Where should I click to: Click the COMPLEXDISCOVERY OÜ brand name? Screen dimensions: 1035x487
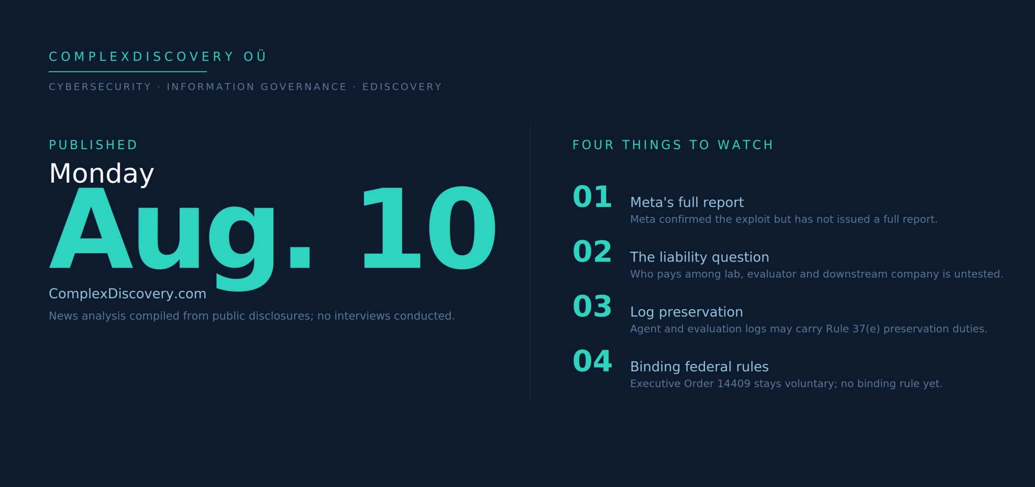157,56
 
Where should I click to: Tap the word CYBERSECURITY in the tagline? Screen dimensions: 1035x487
100,87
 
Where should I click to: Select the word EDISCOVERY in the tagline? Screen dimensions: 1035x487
402,87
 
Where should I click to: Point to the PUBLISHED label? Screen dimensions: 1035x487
93,145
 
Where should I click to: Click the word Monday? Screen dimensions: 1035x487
101,173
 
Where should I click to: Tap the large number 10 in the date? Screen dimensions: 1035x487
429,228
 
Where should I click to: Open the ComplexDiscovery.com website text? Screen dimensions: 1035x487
127,293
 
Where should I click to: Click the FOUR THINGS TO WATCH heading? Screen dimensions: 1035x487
673,145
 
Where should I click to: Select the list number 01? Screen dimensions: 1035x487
592,197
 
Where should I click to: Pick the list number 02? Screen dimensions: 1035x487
592,251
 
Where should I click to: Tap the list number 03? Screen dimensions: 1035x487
592,306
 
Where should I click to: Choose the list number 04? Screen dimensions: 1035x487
592,361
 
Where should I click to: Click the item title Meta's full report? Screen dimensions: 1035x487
687,202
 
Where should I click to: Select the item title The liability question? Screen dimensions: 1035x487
699,257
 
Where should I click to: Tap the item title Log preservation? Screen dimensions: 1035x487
686,312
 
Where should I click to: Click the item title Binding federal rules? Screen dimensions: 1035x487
699,367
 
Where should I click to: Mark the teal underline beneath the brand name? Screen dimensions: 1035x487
128,72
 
